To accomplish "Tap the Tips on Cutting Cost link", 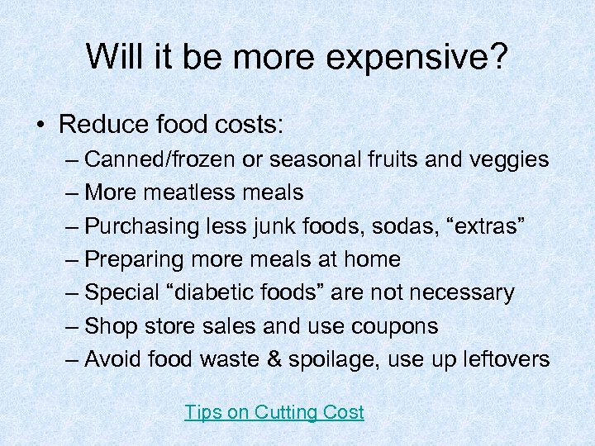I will point(274,412).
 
